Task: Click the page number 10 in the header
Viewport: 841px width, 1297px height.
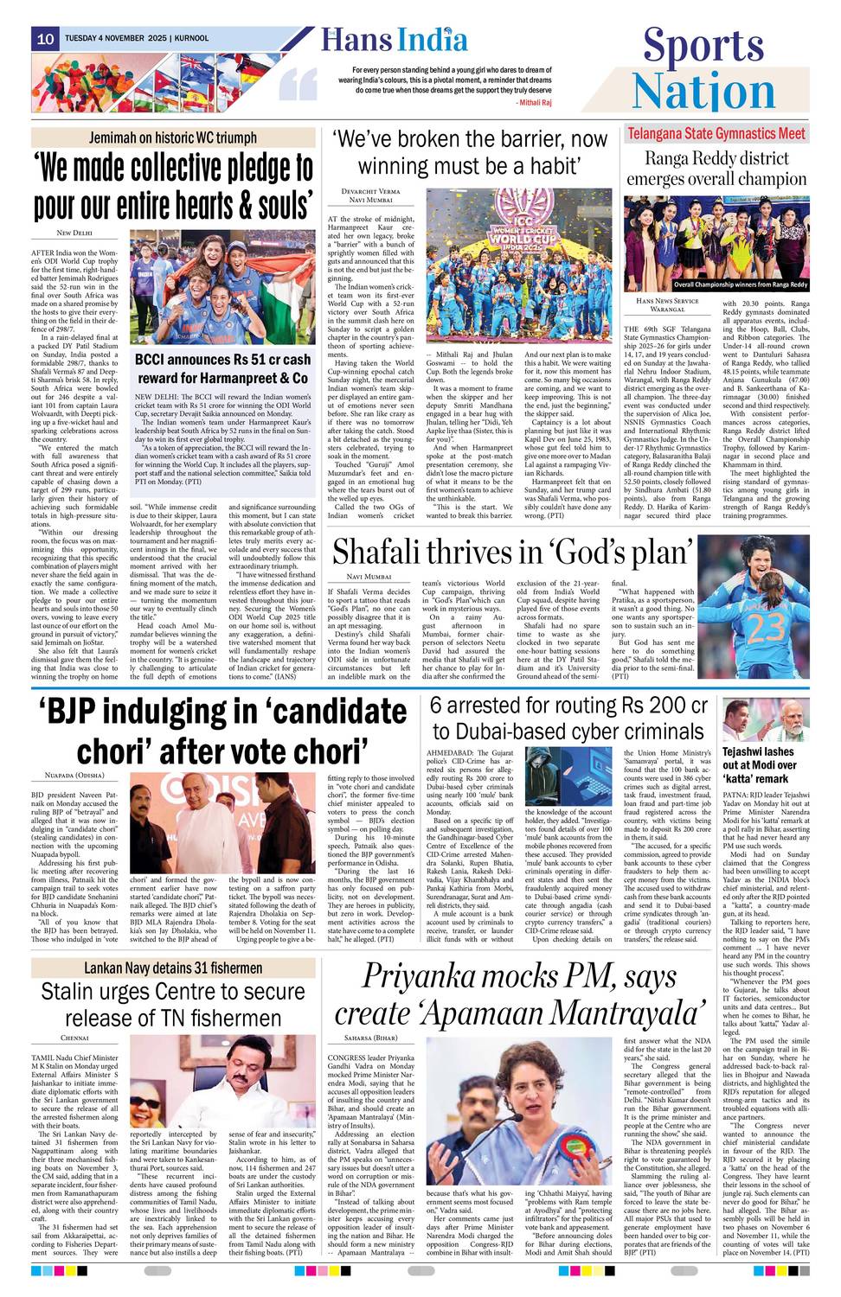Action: click(x=45, y=39)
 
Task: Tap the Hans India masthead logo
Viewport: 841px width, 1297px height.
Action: click(x=395, y=40)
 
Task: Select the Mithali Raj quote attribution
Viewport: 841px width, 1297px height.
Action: click(x=534, y=102)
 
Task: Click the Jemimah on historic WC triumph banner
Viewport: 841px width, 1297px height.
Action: click(x=172, y=137)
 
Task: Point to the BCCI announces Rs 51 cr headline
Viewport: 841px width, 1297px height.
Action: click(x=222, y=368)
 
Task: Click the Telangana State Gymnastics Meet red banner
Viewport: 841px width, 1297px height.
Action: click(x=716, y=134)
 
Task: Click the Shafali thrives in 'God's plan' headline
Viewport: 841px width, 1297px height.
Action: click(x=512, y=552)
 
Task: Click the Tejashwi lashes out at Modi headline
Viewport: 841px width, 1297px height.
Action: click(x=758, y=764)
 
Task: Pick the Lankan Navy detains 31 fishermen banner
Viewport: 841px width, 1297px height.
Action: click(x=172, y=968)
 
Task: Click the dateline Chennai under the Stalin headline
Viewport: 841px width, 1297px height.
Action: click(x=74, y=1038)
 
